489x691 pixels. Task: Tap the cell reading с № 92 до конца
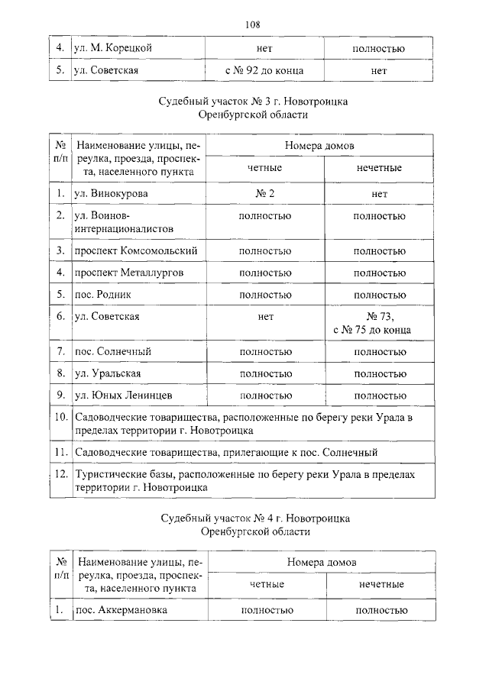click(x=264, y=71)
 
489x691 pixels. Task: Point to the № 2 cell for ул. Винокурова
click(x=264, y=194)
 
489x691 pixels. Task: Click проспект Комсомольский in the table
click(x=136, y=250)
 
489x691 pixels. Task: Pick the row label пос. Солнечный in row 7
click(x=112, y=351)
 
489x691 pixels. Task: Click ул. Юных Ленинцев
click(x=123, y=396)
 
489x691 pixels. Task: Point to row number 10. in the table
click(x=61, y=418)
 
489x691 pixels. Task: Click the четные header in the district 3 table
click(x=264, y=168)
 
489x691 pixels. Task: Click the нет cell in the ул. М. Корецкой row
click(x=264, y=49)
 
